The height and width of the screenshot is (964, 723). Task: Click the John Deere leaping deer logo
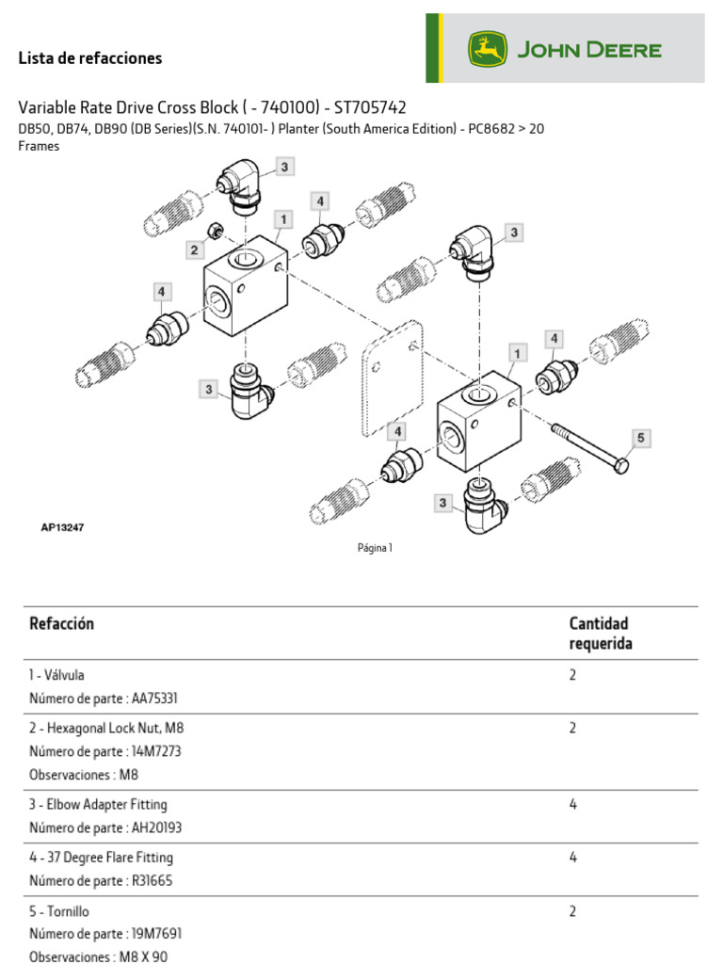click(488, 49)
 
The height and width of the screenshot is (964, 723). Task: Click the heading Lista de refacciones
click(90, 58)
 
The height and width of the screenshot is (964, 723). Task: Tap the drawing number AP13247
click(62, 528)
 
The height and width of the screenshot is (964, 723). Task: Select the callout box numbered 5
click(640, 438)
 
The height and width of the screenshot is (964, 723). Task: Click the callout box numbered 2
click(194, 249)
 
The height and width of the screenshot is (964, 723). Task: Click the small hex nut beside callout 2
click(214, 231)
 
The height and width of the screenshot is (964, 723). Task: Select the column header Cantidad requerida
click(600, 634)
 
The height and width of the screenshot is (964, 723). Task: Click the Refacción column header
click(62, 623)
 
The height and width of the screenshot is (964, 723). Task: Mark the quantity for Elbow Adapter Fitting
click(573, 805)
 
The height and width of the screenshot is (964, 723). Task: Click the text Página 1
click(375, 549)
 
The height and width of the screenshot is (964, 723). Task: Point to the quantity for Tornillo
click(573, 911)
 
